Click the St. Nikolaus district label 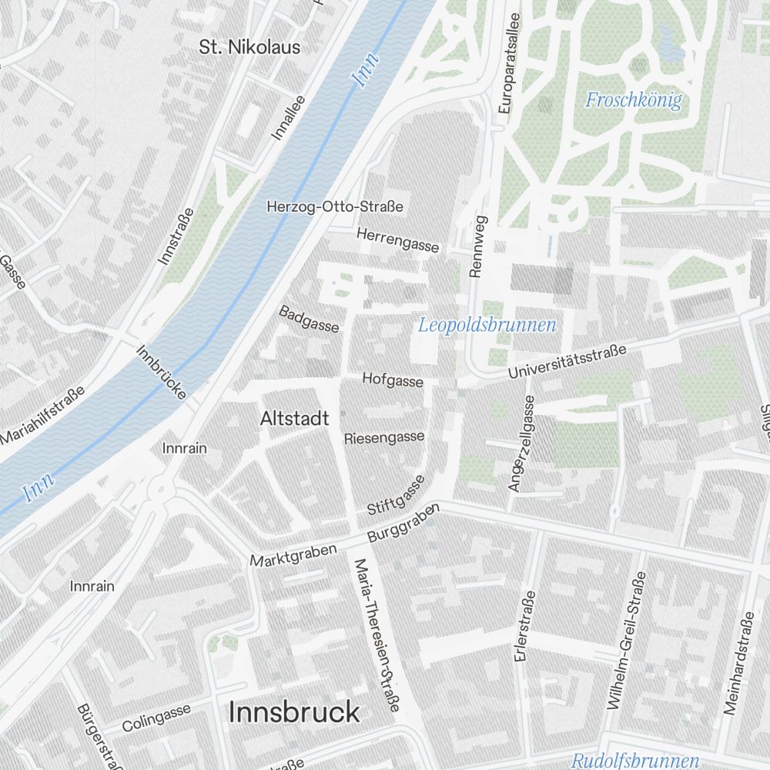coord(249,47)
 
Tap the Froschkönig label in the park coord(634,100)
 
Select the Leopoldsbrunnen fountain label coord(487,325)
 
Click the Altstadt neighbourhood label coord(294,419)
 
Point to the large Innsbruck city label coord(294,712)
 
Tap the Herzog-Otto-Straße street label coord(335,206)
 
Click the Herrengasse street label coord(398,239)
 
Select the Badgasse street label coord(309,320)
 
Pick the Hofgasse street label coord(393,380)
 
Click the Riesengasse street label coord(384,437)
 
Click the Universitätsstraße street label coord(566,363)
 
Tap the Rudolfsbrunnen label coord(635,761)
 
